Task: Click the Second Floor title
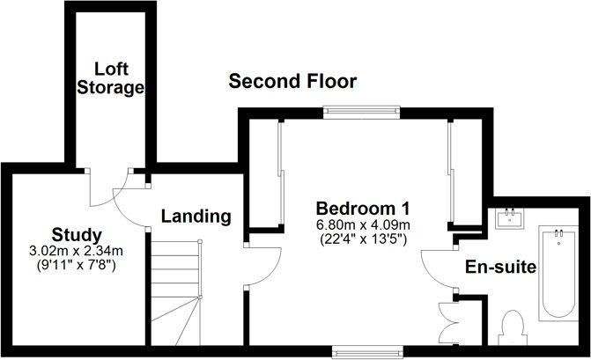(x=292, y=81)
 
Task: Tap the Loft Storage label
(x=110, y=78)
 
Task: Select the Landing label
(x=196, y=217)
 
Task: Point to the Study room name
(x=77, y=235)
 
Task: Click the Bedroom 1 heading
(x=363, y=209)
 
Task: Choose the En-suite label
(x=500, y=267)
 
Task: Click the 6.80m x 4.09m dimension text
(x=363, y=225)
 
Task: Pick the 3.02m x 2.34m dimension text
(x=76, y=251)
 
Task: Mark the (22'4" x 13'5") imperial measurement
(x=363, y=239)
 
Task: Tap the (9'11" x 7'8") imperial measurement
(x=76, y=265)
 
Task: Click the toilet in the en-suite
(x=513, y=327)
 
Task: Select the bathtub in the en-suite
(x=558, y=273)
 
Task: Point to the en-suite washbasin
(x=510, y=217)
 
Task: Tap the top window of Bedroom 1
(x=361, y=111)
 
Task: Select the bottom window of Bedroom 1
(x=367, y=352)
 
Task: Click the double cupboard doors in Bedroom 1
(x=448, y=323)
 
